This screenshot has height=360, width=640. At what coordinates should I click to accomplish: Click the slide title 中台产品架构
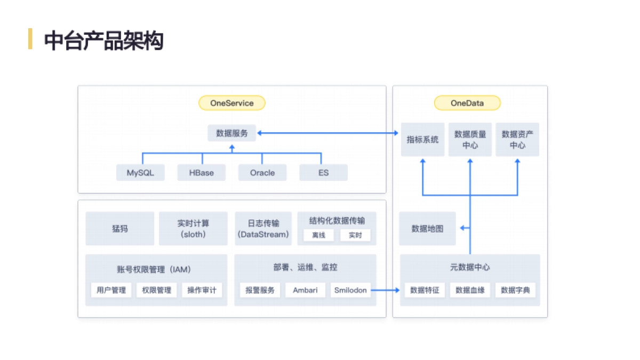coord(103,41)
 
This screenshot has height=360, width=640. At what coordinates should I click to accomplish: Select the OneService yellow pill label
coord(231,103)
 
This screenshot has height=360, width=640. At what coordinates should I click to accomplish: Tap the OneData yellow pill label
coord(467,103)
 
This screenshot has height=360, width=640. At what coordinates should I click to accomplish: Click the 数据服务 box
coord(231,133)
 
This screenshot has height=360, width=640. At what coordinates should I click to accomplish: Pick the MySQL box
coord(140,173)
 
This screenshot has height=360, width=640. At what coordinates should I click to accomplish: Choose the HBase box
coord(202,173)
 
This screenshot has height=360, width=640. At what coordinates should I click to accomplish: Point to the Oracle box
coord(262,173)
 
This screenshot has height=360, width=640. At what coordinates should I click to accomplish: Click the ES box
coord(323,173)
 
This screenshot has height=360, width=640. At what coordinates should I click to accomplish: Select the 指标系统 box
coord(422,140)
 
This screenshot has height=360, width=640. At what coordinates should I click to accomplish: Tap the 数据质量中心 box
coord(470,140)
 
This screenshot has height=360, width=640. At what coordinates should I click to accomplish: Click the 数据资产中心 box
coord(517,140)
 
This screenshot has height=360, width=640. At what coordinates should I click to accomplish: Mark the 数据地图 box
coord(427,229)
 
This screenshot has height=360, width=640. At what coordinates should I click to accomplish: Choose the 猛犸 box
coord(119,229)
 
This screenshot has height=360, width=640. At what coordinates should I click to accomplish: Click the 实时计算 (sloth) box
coord(193,229)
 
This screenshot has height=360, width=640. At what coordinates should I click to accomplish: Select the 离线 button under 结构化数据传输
coord(318,235)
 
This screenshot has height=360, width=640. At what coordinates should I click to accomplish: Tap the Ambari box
coord(305,290)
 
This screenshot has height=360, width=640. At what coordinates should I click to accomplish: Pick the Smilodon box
coord(350,290)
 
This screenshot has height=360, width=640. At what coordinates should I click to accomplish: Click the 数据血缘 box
coord(470,290)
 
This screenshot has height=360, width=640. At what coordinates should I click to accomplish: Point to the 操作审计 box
coord(202,290)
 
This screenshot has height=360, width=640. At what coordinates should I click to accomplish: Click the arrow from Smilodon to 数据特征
coord(385,290)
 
